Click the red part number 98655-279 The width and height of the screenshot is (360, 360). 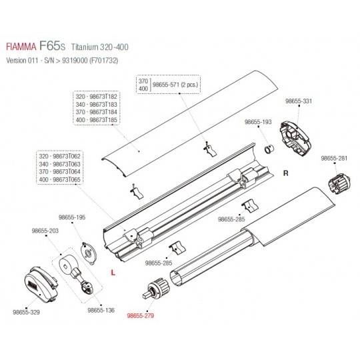(x=141, y=316)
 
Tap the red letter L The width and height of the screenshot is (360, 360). (x=113, y=273)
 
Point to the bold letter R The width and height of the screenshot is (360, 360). (x=285, y=173)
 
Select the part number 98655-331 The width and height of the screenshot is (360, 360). (x=299, y=101)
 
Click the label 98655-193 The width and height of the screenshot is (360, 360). (x=258, y=122)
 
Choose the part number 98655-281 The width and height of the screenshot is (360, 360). (x=334, y=158)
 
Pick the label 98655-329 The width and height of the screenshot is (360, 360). (x=26, y=312)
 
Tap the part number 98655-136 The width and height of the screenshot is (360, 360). (x=101, y=310)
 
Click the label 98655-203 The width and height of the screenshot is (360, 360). (x=45, y=231)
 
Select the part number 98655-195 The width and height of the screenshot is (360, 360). (x=72, y=217)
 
